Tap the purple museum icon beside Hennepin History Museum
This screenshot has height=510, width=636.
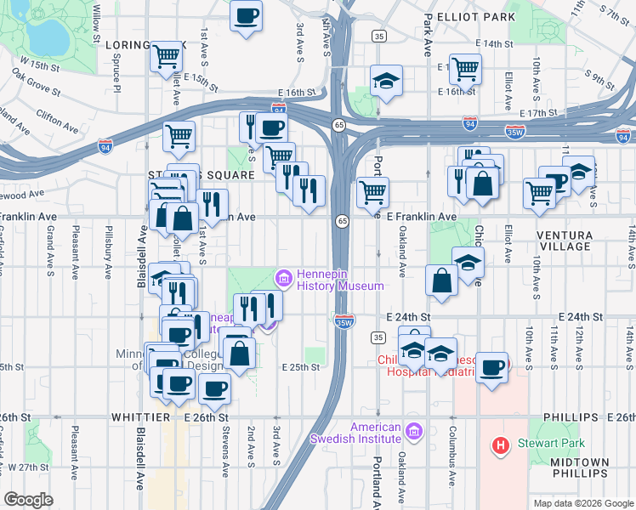pos(283,278)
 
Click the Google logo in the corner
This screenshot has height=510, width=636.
pos(29,500)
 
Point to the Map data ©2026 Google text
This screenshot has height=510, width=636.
pos(582,503)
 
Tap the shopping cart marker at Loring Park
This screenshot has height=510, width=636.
pos(167,57)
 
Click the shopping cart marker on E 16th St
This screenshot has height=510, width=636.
pos(466,68)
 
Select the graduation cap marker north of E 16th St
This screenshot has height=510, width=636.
pos(386,81)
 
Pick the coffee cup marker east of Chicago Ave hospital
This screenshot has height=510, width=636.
pos(492,367)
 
